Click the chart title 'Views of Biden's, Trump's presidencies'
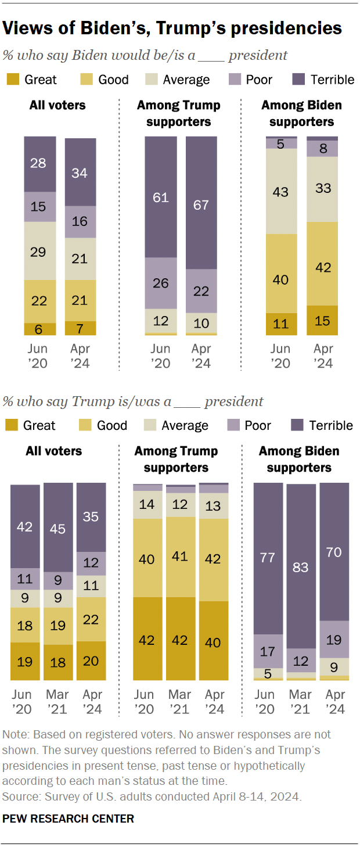(172, 28)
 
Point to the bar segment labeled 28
(40, 164)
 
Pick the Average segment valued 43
(282, 191)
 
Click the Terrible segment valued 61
(161, 197)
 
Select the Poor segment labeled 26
(161, 283)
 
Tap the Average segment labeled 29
(40, 251)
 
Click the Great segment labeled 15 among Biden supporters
(322, 320)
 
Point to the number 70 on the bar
(334, 551)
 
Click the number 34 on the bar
(80, 173)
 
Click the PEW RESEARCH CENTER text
(69, 819)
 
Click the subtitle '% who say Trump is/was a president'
(133, 401)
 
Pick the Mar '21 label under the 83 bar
(300, 702)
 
